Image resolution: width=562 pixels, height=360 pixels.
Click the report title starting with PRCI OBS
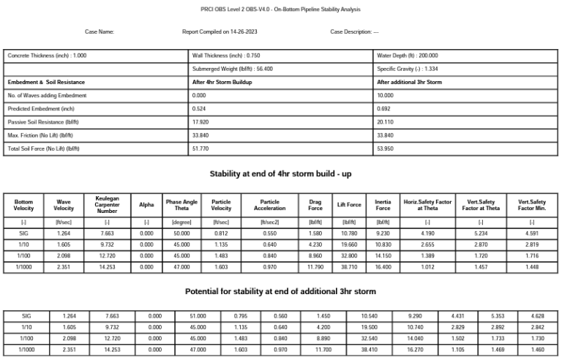coord(280,10)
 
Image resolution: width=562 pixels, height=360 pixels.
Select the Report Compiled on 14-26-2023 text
coord(220,32)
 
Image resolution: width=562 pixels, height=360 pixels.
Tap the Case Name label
coord(100,32)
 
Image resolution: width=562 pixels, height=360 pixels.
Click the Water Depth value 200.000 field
coord(408,55)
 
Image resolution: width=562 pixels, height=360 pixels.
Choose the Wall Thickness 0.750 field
coord(226,55)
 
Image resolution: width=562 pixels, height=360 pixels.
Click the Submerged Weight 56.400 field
coord(233,69)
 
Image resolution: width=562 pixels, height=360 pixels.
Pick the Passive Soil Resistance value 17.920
coord(199,122)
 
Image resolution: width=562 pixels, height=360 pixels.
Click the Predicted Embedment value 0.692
coord(384,108)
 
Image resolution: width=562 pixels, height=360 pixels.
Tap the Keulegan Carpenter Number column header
coord(107,204)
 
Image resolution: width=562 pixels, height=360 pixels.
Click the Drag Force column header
coord(315,205)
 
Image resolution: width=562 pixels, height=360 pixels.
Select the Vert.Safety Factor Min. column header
coord(531,205)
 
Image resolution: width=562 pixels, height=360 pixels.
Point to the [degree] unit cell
coord(181,221)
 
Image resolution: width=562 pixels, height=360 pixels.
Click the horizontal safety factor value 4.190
coord(428,234)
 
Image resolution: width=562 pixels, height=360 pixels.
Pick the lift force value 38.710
coord(349,267)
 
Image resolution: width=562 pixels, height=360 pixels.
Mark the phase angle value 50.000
coord(181,234)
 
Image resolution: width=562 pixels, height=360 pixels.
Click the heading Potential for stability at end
coord(280,291)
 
